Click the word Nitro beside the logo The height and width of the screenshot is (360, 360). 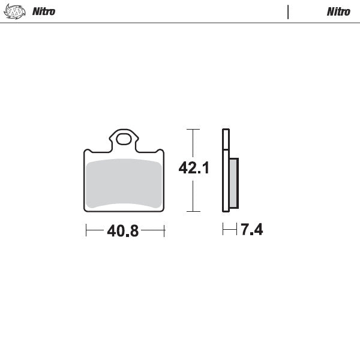[44, 11]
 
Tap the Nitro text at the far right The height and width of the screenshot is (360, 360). [338, 11]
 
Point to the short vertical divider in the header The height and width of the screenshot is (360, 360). [289, 11]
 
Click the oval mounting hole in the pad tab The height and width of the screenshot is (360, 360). [124, 140]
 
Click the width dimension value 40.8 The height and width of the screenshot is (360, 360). [123, 230]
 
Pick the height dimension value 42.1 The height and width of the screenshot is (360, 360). [193, 168]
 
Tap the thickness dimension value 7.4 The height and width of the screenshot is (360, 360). [252, 229]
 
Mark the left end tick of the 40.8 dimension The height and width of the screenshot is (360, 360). [86, 229]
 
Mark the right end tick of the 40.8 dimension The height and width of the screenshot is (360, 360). [164, 229]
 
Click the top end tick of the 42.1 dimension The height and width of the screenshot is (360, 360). [193, 129]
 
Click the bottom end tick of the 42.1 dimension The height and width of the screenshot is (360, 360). [193, 211]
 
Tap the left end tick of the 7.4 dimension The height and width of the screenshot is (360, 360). [223, 229]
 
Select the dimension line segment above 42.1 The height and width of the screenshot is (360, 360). [193, 144]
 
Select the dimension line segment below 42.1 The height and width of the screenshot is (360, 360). [193, 195]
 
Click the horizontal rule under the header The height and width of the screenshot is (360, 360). [180, 23]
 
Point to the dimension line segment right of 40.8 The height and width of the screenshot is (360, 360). [152, 229]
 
